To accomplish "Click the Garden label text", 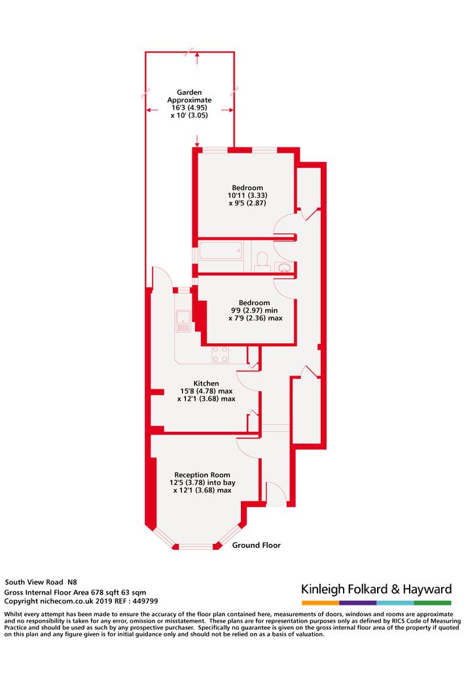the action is tap(189, 92).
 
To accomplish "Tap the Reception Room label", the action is tap(202, 475).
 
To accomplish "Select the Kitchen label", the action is tap(206, 383).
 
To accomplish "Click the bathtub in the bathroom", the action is tap(221, 251).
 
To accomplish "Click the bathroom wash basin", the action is tap(285, 268).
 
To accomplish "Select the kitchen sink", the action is tap(183, 321).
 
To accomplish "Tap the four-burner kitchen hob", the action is tap(221, 354).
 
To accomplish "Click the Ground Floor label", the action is tap(256, 545).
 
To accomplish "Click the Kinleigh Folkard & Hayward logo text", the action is tap(376, 589).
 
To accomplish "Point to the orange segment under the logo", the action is tap(321, 603).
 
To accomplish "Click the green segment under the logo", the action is tap(433, 603).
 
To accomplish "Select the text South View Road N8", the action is tap(41, 582).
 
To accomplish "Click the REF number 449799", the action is tap(145, 601).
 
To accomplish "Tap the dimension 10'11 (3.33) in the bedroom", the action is tap(247, 195).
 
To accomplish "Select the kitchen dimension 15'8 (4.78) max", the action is tap(206, 391).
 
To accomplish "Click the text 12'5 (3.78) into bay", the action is tap(202, 483).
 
